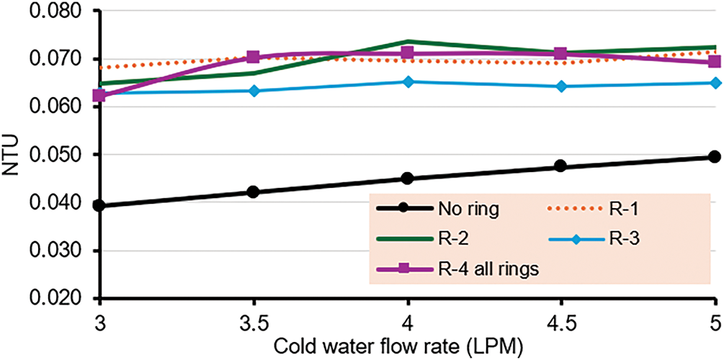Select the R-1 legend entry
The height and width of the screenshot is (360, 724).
pyautogui.click(x=622, y=210)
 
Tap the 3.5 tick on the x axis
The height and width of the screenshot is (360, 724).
pyautogui.click(x=253, y=320)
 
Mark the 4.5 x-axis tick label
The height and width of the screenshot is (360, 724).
pyautogui.click(x=560, y=320)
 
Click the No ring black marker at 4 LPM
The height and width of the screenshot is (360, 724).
pyautogui.click(x=407, y=179)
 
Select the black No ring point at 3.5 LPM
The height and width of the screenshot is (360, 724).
pyautogui.click(x=253, y=192)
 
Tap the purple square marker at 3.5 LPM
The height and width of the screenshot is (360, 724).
pyautogui.click(x=253, y=58)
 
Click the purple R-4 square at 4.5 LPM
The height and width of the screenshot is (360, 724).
pyautogui.click(x=560, y=54)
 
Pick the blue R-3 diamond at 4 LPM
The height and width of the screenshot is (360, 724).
pyautogui.click(x=407, y=82)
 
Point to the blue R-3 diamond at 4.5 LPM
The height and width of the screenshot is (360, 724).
pyautogui.click(x=560, y=86)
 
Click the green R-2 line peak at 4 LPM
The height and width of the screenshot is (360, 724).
pyautogui.click(x=407, y=42)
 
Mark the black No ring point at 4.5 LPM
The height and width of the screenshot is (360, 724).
pyautogui.click(x=560, y=167)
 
